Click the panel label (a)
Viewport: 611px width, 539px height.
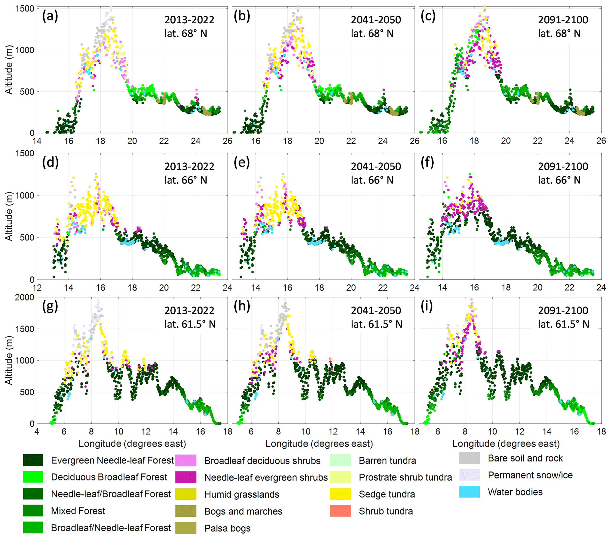coord(50,16)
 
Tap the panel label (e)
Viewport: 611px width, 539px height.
coord(242,163)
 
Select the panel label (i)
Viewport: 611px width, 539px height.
coord(427,307)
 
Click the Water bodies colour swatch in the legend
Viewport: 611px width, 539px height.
coord(469,492)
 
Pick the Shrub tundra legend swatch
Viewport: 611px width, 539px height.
coord(340,511)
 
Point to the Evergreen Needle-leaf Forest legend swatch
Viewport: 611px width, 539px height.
coord(33,460)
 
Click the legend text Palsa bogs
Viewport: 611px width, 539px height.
coord(227,528)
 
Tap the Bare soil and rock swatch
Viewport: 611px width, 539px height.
coord(469,458)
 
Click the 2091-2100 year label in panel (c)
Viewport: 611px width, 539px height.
coord(563,20)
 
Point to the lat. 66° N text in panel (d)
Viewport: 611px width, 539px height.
coord(186,180)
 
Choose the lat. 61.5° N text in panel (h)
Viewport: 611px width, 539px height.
coord(376,324)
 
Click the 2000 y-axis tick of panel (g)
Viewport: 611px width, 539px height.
coord(25,297)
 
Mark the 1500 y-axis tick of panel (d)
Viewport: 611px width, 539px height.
coord(25,154)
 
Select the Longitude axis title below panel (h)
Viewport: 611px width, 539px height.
coord(319,444)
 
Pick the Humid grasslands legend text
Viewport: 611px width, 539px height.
coord(242,494)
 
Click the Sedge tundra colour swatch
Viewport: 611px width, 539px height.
coord(340,494)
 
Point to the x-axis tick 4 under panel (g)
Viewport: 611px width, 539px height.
coord(37,431)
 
